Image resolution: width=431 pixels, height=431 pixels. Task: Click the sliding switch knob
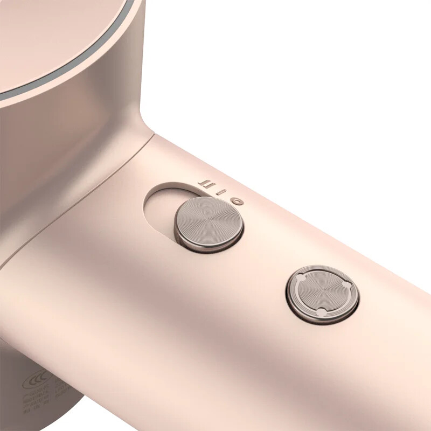click(208, 221)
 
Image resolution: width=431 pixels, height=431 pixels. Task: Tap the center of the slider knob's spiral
click(208, 218)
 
